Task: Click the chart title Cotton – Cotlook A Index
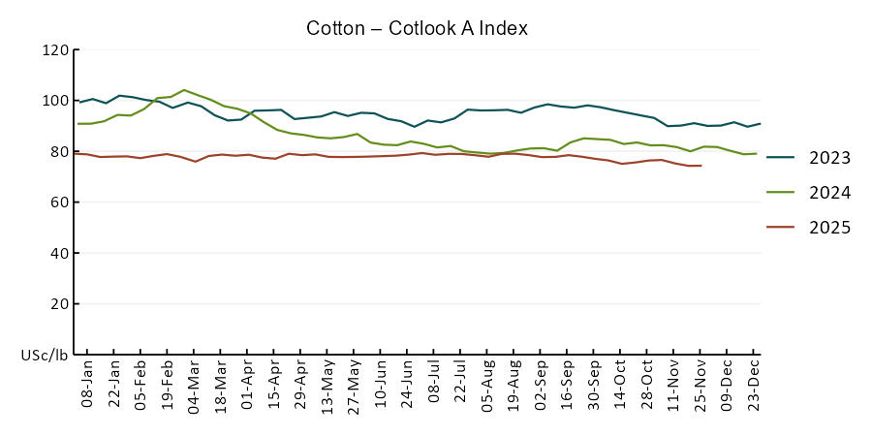coord(417,28)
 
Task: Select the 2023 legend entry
coord(829,158)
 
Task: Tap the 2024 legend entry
coord(829,193)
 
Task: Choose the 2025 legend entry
coord(829,228)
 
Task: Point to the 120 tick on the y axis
coord(55,50)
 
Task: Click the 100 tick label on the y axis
coord(55,101)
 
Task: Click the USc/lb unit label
coord(45,356)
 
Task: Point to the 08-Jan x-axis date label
coord(87,385)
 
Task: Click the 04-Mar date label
coord(195,385)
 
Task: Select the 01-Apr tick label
coord(248,385)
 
